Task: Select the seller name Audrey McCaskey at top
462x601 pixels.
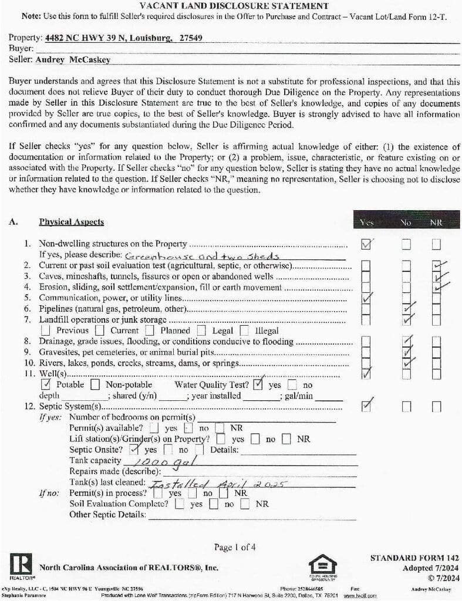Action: point(73,59)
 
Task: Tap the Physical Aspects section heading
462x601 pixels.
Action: point(71,222)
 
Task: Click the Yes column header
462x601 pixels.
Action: point(366,222)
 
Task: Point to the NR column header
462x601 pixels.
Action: point(436,222)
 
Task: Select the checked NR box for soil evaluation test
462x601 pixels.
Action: point(437,266)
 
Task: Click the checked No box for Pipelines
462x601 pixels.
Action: point(406,309)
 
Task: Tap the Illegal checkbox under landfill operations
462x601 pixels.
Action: point(245,330)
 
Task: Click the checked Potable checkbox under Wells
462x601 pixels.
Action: point(46,385)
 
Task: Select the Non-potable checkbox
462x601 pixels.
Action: point(95,385)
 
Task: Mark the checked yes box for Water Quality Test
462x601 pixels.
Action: point(257,385)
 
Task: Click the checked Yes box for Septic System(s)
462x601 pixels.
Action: point(367,405)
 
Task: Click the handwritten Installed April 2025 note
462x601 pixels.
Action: point(217,484)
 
